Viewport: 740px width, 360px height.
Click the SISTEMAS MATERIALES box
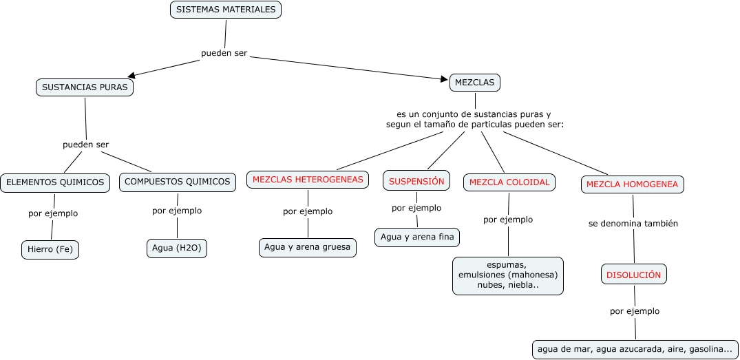point(225,10)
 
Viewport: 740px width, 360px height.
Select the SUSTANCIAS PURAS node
point(85,87)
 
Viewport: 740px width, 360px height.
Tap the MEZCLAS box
point(475,83)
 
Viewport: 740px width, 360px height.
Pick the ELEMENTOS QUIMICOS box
point(55,182)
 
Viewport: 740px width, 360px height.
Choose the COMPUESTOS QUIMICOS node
point(178,182)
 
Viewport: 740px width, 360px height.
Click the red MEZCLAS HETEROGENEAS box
point(308,180)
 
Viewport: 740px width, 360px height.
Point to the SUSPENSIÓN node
point(416,181)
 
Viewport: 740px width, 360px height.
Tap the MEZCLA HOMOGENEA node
point(633,184)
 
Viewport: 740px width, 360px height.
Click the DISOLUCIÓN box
point(633,275)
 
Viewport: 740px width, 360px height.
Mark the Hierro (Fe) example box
point(50,250)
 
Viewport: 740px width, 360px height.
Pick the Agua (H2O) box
point(177,248)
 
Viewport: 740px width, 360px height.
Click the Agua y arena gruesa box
point(308,247)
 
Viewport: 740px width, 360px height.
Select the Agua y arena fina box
point(417,237)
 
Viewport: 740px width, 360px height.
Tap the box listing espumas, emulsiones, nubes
point(507,275)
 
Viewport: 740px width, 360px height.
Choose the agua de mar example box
point(635,349)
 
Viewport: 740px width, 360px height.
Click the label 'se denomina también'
point(633,224)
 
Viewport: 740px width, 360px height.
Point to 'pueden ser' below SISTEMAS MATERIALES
point(224,53)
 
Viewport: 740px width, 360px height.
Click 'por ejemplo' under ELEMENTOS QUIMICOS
point(53,213)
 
